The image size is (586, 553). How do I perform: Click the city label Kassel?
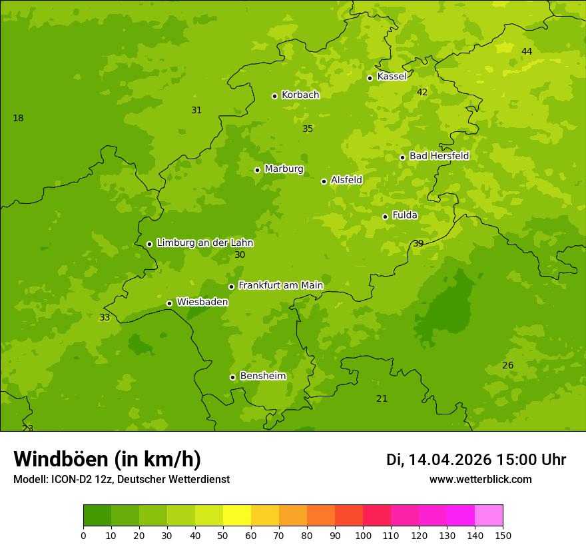pyautogui.click(x=392, y=77)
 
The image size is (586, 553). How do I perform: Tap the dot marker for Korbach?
pyautogui.click(x=274, y=96)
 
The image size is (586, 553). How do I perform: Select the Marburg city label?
pyautogui.click(x=284, y=169)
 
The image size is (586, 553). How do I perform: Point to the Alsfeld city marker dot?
pyautogui.click(x=324, y=181)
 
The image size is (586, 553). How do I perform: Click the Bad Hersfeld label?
pyautogui.click(x=439, y=156)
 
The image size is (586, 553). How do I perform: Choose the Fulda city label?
pyautogui.click(x=405, y=215)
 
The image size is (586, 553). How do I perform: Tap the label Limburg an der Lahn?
pyautogui.click(x=204, y=243)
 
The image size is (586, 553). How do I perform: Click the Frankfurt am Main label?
pyautogui.click(x=280, y=285)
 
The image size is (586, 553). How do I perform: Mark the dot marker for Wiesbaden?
pyautogui.click(x=169, y=303)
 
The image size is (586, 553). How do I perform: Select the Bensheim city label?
pyautogui.click(x=262, y=376)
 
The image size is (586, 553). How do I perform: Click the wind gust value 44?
pyautogui.click(x=527, y=51)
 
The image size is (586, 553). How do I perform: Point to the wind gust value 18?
pyautogui.click(x=18, y=118)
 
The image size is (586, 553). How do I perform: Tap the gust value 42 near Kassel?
pyautogui.click(x=422, y=92)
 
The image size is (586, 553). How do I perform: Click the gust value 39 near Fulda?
pyautogui.click(x=418, y=243)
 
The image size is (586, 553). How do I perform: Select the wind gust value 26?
pyautogui.click(x=508, y=365)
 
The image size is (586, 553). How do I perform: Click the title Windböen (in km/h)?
pyautogui.click(x=107, y=459)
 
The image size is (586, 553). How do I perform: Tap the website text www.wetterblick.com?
pyautogui.click(x=480, y=480)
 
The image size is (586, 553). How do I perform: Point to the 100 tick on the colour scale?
pyautogui.click(x=363, y=535)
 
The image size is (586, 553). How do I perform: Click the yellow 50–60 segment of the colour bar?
pyautogui.click(x=237, y=516)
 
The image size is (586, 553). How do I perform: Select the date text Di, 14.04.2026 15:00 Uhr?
pyautogui.click(x=475, y=460)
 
